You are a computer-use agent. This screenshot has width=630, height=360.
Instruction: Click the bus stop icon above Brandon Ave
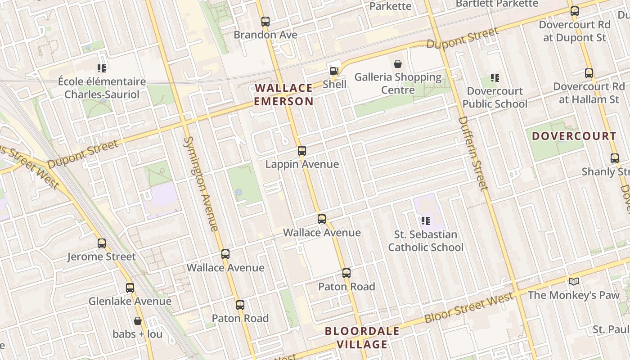tap(265, 21)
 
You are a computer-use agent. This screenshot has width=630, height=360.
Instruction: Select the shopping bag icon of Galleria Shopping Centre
tap(398, 64)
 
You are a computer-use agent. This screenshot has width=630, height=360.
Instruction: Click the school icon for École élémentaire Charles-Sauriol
tap(102, 68)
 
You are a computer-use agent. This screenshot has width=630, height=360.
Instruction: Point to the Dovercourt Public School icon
tap(495, 78)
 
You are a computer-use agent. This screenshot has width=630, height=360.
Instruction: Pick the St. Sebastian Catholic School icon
tap(426, 221)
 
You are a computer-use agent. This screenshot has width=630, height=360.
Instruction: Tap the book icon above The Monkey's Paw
tap(573, 282)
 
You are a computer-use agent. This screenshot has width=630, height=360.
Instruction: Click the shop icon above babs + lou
tap(138, 321)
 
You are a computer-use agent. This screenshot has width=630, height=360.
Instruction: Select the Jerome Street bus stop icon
tap(102, 243)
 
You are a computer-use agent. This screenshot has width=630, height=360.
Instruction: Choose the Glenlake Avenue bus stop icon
tap(130, 288)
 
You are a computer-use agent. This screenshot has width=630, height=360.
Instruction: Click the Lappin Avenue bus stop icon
tap(302, 151)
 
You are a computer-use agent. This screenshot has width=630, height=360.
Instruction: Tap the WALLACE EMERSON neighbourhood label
tap(283, 94)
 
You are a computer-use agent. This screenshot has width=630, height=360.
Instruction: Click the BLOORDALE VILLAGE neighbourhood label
tap(362, 338)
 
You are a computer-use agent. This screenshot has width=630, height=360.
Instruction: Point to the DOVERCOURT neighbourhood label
tap(574, 136)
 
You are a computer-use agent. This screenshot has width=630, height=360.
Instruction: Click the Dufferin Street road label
tap(473, 153)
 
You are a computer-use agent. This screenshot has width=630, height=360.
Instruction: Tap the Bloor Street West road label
tap(468, 308)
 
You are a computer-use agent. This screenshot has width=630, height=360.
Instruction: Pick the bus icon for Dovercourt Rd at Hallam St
tap(589, 73)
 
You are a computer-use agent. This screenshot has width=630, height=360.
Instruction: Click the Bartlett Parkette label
tap(497, 4)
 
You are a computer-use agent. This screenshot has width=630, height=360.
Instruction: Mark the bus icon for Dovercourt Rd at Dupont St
tap(575, 11)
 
